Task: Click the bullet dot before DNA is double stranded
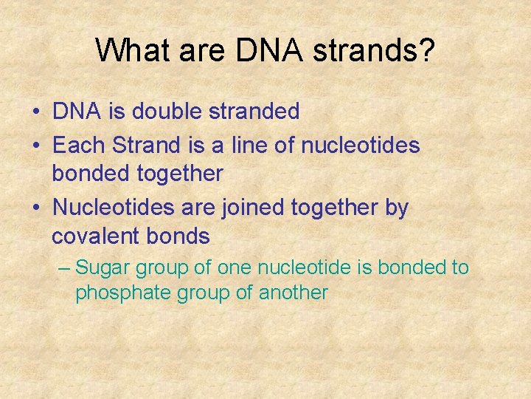[36, 112]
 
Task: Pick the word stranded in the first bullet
[258, 112]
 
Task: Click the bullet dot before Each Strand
[36, 146]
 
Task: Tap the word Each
[80, 146]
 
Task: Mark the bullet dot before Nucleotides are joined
[36, 209]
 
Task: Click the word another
[293, 293]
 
